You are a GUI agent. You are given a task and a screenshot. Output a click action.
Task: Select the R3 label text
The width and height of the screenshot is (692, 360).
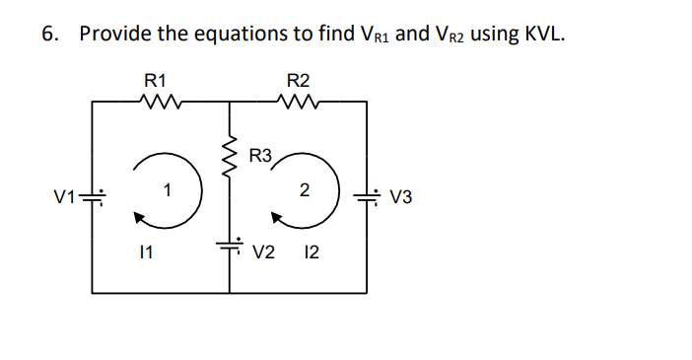tap(261, 155)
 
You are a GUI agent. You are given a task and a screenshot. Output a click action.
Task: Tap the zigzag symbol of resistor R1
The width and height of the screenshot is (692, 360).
tap(158, 101)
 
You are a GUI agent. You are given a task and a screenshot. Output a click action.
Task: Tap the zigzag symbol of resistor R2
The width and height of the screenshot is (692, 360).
tap(297, 101)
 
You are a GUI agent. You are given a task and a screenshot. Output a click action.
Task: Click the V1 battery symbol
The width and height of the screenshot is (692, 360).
tap(93, 196)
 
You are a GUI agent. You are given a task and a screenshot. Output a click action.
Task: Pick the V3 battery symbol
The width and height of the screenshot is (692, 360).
tap(368, 196)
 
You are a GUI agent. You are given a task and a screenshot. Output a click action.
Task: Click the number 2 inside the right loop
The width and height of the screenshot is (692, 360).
tap(306, 187)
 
